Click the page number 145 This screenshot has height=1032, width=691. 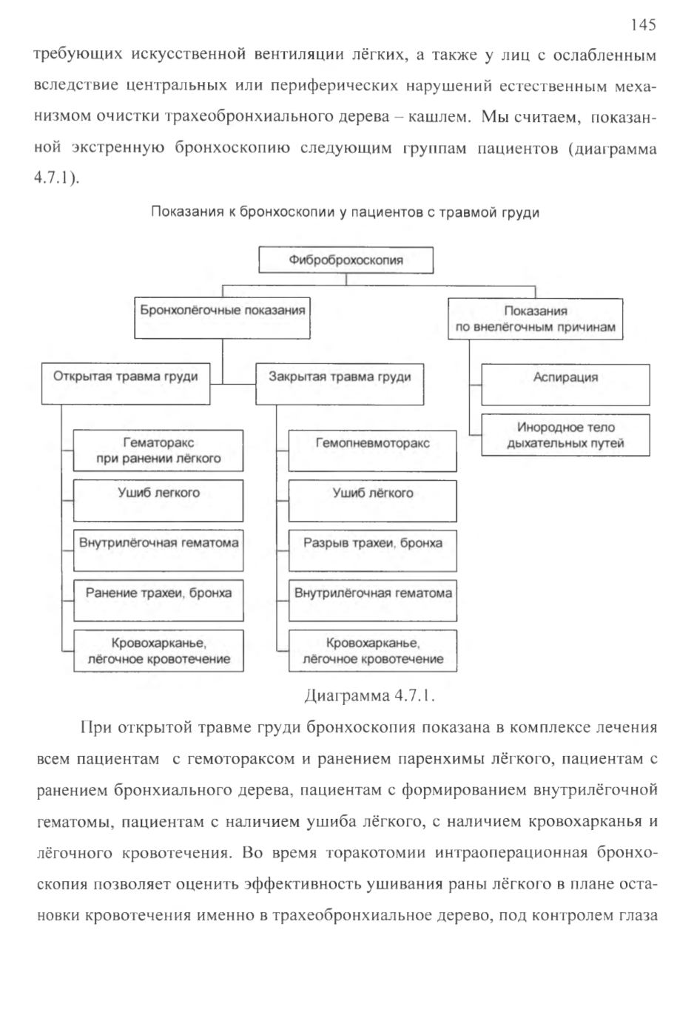pyautogui.click(x=643, y=24)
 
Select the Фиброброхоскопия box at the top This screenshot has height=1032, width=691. pyautogui.click(x=346, y=260)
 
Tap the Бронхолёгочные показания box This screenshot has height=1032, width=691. pyautogui.click(x=223, y=318)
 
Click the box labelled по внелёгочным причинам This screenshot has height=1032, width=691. pyautogui.click(x=536, y=320)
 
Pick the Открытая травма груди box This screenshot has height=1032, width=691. pyautogui.click(x=126, y=384)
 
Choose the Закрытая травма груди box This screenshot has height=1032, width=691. pyautogui.click(x=340, y=384)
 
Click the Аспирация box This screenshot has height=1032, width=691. pyautogui.click(x=566, y=385)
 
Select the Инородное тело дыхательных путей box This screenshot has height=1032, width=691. pyautogui.click(x=566, y=435)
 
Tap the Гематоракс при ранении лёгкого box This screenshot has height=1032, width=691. pyautogui.click(x=158, y=451)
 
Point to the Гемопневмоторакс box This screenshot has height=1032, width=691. pyautogui.click(x=373, y=451)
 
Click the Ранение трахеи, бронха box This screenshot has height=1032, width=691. pyautogui.click(x=158, y=600)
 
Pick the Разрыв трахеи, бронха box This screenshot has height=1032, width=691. pyautogui.click(x=373, y=551)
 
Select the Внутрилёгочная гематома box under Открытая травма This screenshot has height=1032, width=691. pyautogui.click(x=158, y=550)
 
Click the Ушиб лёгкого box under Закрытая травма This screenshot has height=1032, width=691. pyautogui.click(x=373, y=501)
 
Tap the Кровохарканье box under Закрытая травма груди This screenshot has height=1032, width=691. pyautogui.click(x=373, y=650)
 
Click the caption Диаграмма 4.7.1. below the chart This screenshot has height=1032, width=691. pyautogui.click(x=369, y=695)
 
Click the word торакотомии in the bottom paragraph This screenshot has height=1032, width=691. pyautogui.click(x=376, y=853)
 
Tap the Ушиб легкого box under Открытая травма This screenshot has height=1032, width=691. pyautogui.click(x=158, y=501)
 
